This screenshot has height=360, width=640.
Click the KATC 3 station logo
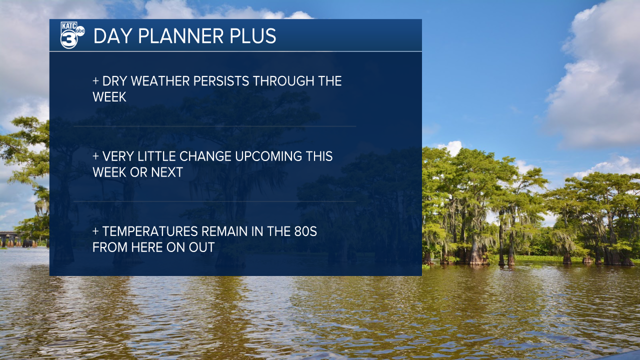72,35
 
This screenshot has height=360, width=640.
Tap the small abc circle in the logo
80,31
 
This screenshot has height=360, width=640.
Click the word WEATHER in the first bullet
160,81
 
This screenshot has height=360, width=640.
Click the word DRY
114,81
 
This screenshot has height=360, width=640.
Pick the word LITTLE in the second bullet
156,156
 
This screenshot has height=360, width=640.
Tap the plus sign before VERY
95,156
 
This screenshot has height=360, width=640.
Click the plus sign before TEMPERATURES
95,231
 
